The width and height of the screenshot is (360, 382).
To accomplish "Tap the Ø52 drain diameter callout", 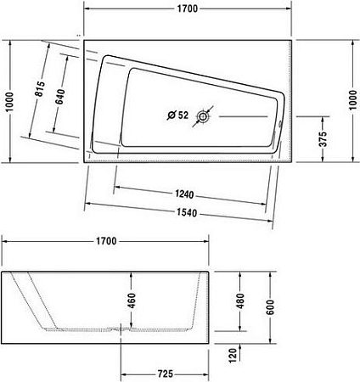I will [x=177, y=115].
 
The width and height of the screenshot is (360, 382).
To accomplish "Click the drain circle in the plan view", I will [x=204, y=115].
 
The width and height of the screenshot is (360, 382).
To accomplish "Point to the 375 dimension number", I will [x=323, y=140].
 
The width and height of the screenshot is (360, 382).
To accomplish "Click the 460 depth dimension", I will [x=132, y=300].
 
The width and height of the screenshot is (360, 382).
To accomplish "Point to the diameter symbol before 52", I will [x=170, y=115].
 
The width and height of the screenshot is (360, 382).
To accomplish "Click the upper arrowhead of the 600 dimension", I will [x=272, y=274].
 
